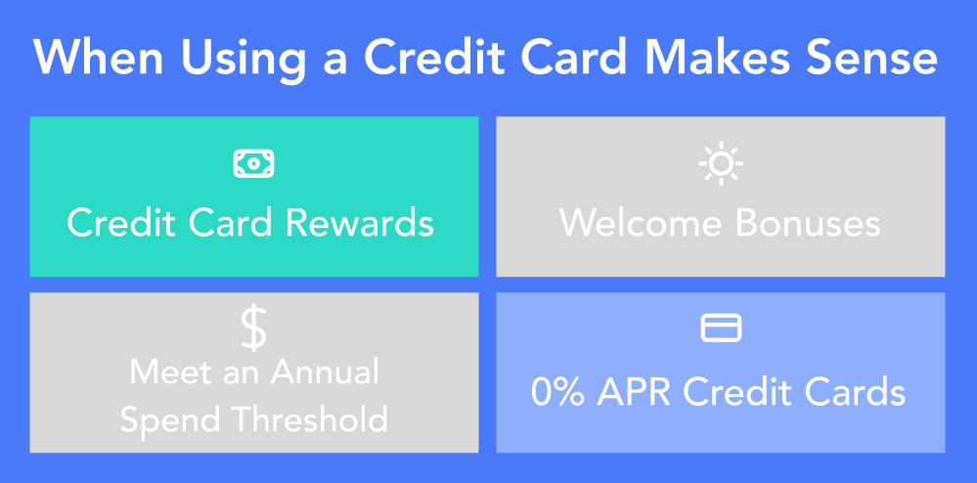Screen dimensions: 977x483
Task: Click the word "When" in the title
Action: (x=99, y=58)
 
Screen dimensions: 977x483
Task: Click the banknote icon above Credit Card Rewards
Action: (x=253, y=164)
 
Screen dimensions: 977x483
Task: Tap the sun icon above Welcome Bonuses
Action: (x=721, y=164)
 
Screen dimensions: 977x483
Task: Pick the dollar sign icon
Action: (x=253, y=329)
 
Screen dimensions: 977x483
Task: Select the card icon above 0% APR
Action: (x=721, y=328)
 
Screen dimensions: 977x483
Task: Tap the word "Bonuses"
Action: (x=808, y=223)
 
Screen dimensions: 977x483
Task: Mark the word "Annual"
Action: (x=325, y=373)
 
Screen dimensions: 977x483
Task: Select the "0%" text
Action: (x=556, y=393)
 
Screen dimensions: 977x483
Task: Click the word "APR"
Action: (x=633, y=393)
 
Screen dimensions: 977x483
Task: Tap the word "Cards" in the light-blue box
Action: (x=854, y=393)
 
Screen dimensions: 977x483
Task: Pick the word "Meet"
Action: (x=164, y=373)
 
